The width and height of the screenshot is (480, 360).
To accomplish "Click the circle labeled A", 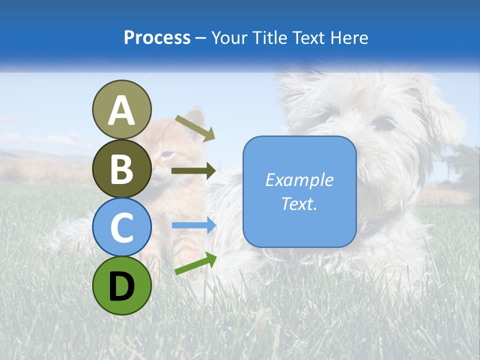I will [x=121, y=109].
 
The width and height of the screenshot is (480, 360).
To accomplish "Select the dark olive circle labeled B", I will [x=121, y=168].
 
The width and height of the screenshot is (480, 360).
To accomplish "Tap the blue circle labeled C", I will [x=121, y=227].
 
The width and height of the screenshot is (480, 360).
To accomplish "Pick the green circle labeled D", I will [x=121, y=285].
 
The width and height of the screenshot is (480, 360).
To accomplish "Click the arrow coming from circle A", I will [x=195, y=127].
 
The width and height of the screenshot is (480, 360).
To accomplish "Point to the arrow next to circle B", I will [x=193, y=171].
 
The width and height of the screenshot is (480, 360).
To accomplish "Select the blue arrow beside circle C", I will [x=193, y=225].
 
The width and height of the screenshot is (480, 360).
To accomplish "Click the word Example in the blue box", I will [x=299, y=180].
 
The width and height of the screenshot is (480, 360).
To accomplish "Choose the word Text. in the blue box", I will [x=299, y=203].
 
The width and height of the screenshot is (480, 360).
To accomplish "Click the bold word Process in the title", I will [x=157, y=37].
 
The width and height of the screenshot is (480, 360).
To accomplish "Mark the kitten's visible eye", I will [x=168, y=154].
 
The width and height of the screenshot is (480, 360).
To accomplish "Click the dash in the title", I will [x=201, y=38].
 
